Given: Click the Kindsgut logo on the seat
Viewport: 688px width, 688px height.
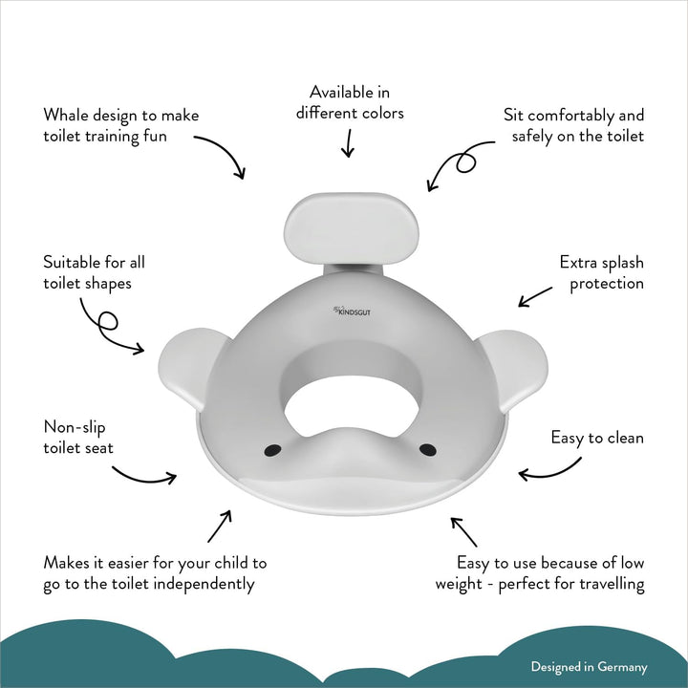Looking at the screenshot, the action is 352,312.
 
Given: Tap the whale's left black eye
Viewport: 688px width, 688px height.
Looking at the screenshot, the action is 273,450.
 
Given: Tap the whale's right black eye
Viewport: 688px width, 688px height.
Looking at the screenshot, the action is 428,449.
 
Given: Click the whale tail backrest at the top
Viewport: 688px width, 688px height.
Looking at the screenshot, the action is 351,228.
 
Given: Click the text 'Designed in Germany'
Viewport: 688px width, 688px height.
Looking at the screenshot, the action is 589,667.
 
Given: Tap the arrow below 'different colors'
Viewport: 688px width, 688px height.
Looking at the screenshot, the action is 349,143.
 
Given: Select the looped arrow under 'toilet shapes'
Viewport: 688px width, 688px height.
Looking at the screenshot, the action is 107,327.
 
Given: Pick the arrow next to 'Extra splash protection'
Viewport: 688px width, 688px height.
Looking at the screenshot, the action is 535,297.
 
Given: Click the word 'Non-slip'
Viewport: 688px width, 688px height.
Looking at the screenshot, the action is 75,427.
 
